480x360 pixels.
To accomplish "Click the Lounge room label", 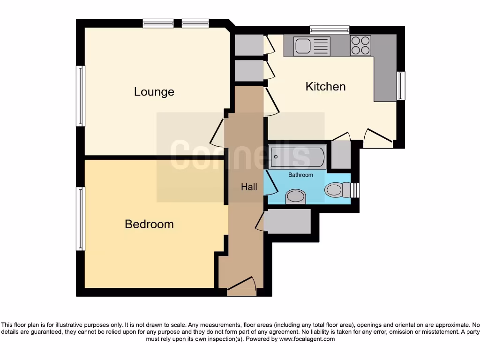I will (154, 92).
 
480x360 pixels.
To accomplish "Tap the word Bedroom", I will (149, 225).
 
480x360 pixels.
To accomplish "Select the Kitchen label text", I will (325, 87).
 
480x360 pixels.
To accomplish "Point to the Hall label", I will (249, 187).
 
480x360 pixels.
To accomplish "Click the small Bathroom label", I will (300, 175).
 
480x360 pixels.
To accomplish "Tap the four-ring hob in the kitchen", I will (360, 45).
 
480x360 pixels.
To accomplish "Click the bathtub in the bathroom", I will (297, 157).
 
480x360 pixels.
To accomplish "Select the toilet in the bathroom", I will (337, 190).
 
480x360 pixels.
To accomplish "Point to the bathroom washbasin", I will (295, 196).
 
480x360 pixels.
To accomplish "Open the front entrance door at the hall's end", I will (242, 285).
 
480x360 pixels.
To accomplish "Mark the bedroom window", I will (81, 218).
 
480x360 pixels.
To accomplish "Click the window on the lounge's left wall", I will (81, 96).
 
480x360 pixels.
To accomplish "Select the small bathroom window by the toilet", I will (355, 190).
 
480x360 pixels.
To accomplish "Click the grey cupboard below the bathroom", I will (287, 221).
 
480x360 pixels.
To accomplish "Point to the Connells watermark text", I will (240, 155).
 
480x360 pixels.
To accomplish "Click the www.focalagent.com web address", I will (307, 339).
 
